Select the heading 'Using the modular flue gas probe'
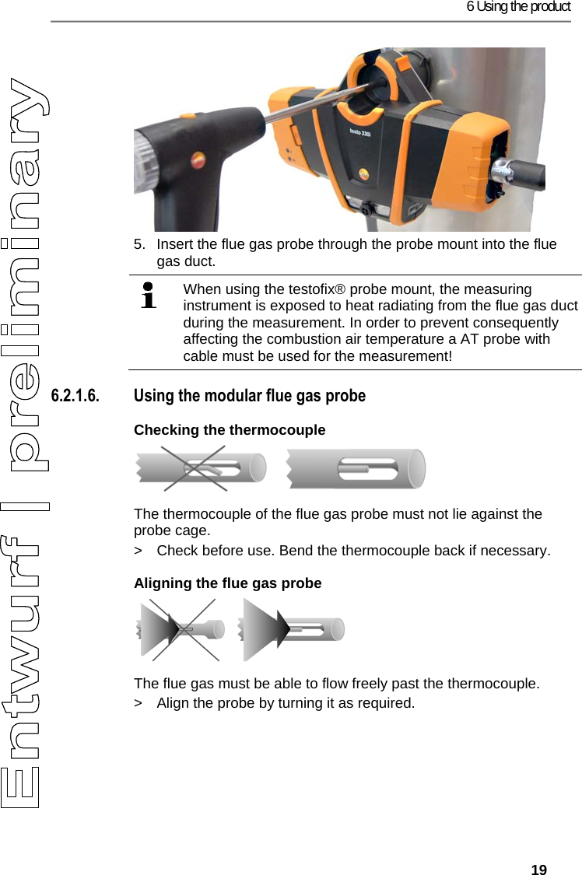pos(250,396)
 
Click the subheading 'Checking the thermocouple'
pos(230,430)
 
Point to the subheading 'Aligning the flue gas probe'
pos(227,583)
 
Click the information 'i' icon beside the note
pos(148,296)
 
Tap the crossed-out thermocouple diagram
pos(195,469)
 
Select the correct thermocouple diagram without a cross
pos(356,469)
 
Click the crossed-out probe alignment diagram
pos(182,629)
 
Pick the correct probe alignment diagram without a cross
pos(292,629)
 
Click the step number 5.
pos(138,244)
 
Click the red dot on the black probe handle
pos(195,159)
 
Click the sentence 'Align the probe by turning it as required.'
pos(286,703)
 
